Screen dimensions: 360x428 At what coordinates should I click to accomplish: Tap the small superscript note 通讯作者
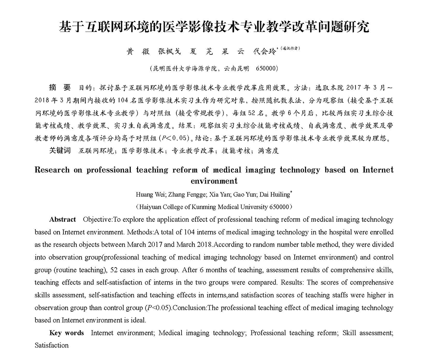pyautogui.click(x=290, y=49)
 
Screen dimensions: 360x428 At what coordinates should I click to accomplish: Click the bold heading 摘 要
pyautogui.click(x=60, y=88)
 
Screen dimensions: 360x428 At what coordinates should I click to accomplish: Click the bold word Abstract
pyautogui.click(x=63, y=220)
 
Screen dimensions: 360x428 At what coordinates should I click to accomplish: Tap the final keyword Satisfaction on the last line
pyautogui.click(x=52, y=345)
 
